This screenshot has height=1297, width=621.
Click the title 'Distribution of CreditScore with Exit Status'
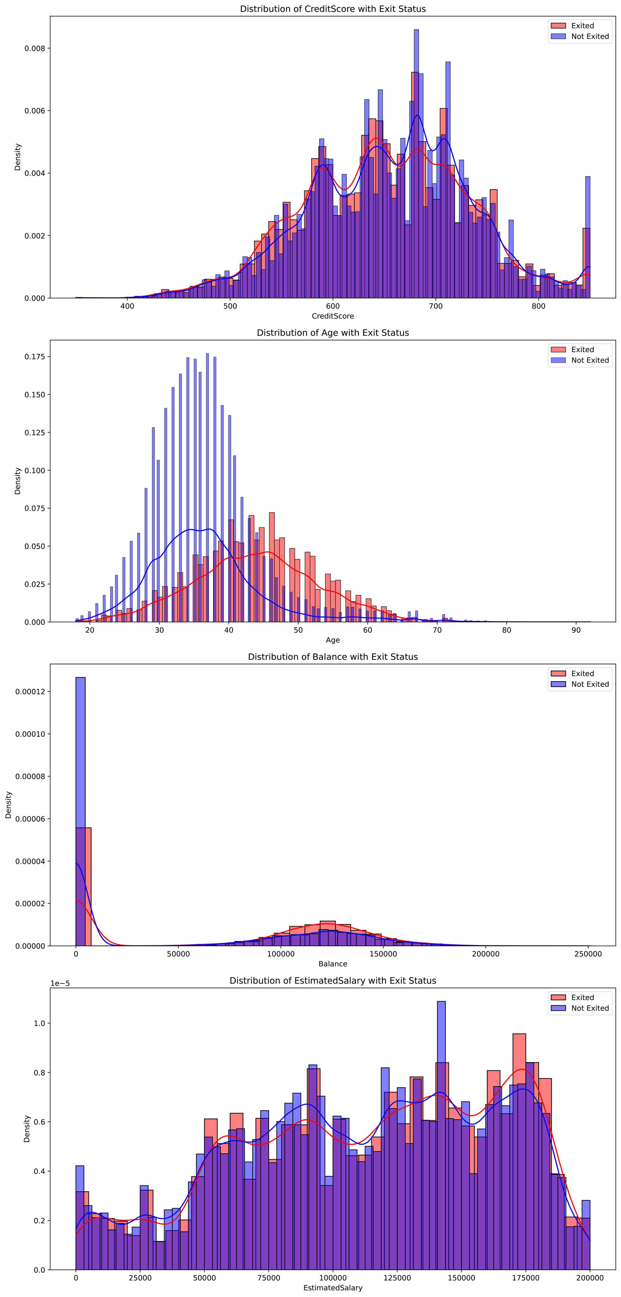333,9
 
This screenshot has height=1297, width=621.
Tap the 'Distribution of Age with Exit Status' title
333,333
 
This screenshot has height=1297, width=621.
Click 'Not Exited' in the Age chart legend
589,360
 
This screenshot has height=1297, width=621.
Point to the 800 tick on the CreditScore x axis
538,306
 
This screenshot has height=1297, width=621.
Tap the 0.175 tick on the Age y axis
35,357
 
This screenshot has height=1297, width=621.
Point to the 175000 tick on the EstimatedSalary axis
526,1278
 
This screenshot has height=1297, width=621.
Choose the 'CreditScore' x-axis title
333,316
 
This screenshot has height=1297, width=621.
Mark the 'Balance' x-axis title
333,964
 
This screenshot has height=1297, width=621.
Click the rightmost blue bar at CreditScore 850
587,237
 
